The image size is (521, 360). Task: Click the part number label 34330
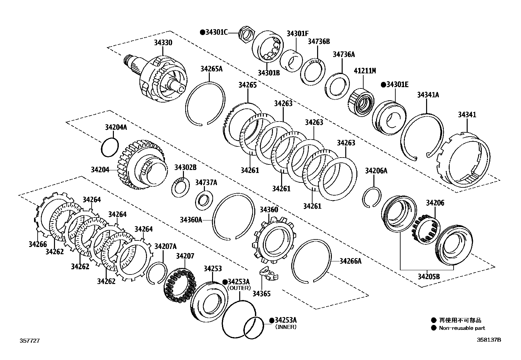click(x=164, y=43)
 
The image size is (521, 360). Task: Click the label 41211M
click(x=365, y=71)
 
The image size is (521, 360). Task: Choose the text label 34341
click(x=467, y=115)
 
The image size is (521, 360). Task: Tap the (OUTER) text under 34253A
click(x=239, y=288)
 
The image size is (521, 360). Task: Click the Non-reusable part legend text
click(x=462, y=328)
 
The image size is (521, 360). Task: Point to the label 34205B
click(x=428, y=276)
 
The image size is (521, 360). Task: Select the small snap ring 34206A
click(x=371, y=197)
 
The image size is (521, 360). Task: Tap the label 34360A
click(x=191, y=220)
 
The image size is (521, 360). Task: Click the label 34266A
click(x=350, y=261)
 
